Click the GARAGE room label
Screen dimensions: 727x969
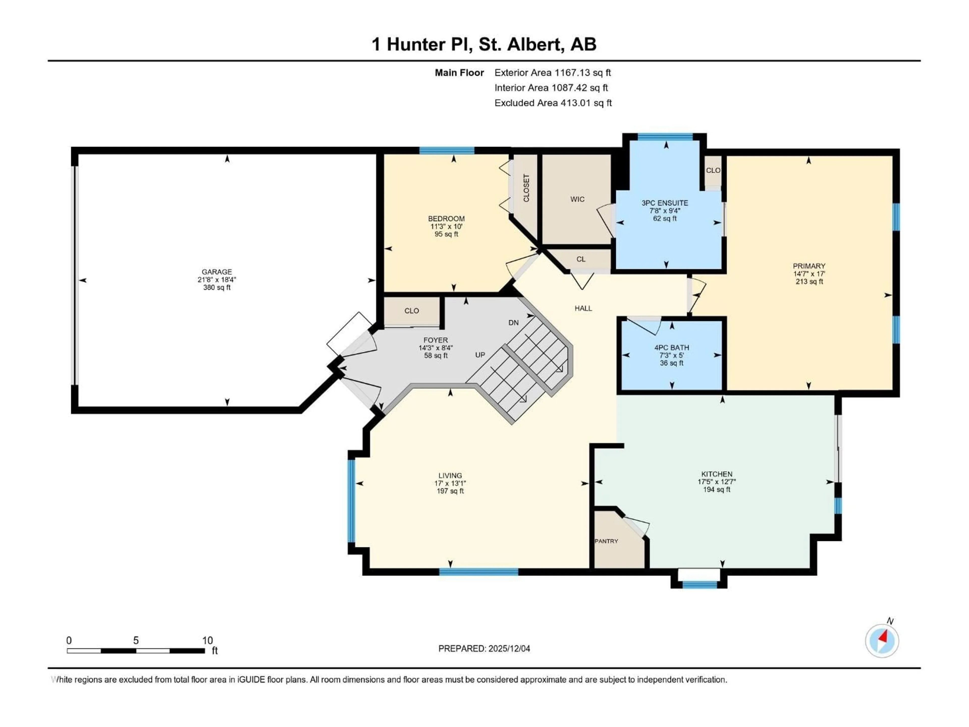[217, 272]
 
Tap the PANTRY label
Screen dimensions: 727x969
[606, 541]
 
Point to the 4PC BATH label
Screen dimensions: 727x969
[671, 348]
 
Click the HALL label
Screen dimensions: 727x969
[583, 308]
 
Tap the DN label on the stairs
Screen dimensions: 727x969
[514, 323]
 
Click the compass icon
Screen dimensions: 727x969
[882, 641]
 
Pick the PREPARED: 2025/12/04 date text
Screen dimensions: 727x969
[484, 648]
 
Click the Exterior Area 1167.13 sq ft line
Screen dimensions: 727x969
[552, 73]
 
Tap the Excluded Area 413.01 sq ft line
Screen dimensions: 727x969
[553, 103]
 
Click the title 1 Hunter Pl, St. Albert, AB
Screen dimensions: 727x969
[484, 44]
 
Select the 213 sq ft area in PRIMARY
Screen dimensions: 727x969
[809, 281]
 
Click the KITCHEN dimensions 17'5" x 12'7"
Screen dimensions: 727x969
[717, 482]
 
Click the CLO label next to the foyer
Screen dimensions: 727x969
[411, 311]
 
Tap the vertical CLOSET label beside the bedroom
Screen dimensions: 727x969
[526, 188]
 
